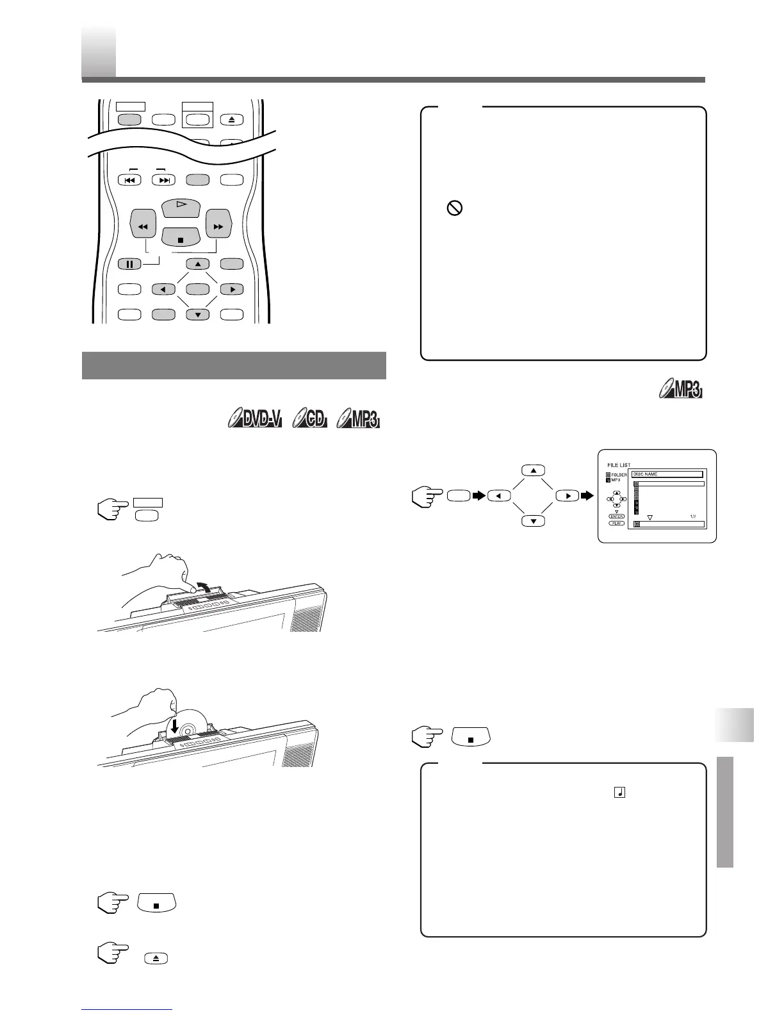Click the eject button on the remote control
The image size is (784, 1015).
232,119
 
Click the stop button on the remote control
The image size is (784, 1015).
181,239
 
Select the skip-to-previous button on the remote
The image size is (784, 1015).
129,180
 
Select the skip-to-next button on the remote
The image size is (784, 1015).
164,180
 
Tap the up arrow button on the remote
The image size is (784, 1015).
198,263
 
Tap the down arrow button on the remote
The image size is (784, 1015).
198,315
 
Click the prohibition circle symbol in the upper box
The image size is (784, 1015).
454,208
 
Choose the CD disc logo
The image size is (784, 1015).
310,420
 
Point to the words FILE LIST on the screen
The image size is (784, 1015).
619,465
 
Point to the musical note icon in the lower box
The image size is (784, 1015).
619,793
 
